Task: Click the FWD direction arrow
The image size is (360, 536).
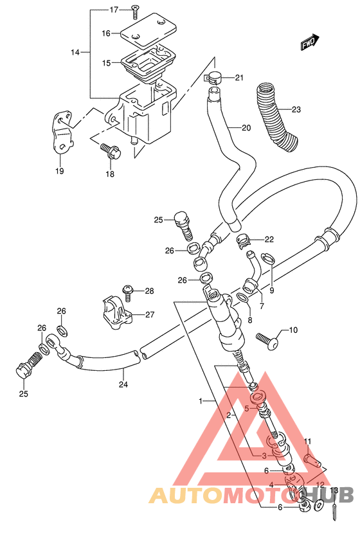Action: tap(310, 42)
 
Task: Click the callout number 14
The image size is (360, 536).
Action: tap(75, 52)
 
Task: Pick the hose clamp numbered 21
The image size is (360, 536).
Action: tap(213, 78)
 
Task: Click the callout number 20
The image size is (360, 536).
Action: tap(246, 128)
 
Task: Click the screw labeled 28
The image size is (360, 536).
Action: tap(128, 292)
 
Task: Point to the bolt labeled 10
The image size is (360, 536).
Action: tap(267, 341)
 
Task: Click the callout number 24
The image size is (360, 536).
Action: tap(123, 384)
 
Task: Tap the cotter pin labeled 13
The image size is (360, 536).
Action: tap(334, 513)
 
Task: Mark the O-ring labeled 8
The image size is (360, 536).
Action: tap(243, 298)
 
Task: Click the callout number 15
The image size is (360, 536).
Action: tap(106, 63)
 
